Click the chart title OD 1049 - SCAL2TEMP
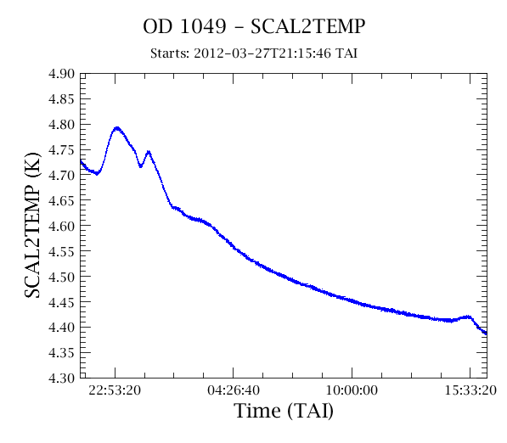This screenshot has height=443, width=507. (x=254, y=26)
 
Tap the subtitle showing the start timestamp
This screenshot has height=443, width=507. (x=254, y=53)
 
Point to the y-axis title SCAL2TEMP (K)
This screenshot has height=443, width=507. (x=32, y=225)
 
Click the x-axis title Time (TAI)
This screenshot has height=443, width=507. (x=284, y=411)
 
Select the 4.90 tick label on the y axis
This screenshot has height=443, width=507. (x=61, y=74)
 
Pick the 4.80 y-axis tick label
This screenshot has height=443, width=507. (x=61, y=125)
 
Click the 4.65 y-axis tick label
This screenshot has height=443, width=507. (x=61, y=200)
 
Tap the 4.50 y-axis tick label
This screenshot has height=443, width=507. (x=61, y=277)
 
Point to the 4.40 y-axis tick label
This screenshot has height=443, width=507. (x=61, y=328)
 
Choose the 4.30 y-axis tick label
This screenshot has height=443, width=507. (x=61, y=378)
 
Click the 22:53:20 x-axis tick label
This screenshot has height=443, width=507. (x=115, y=390)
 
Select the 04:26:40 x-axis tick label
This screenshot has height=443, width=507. (x=234, y=390)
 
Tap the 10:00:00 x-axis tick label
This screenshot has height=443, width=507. (x=352, y=390)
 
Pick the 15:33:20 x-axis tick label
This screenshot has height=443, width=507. (x=470, y=390)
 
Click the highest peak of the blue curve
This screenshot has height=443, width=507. (x=117, y=128)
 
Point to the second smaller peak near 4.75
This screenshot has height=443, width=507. (x=149, y=152)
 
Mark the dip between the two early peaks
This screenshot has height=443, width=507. (x=141, y=166)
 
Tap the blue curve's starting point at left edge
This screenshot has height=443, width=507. (x=81, y=160)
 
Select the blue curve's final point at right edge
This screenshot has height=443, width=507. (x=486, y=334)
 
